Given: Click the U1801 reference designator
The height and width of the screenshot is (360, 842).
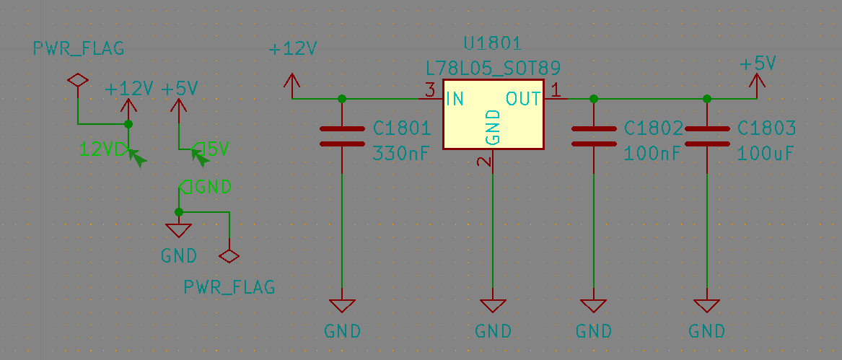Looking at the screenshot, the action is click(492, 43).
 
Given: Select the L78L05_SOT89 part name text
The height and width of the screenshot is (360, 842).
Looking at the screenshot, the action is click(493, 68).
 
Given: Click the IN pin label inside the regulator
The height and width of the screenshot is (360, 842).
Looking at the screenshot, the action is click(455, 99).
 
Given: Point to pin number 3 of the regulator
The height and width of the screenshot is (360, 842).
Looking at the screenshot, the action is click(429, 89).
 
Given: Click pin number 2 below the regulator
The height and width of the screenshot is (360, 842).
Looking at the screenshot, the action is click(485, 162).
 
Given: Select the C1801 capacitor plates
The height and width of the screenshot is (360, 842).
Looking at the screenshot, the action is click(342, 136).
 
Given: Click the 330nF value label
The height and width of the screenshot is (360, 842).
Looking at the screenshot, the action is click(402, 154).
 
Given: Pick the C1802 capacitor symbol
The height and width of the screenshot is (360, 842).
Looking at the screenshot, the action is click(593, 136).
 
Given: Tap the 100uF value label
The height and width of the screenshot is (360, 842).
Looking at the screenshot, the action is click(766, 154).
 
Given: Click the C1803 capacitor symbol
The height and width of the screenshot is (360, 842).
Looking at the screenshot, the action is click(706, 136).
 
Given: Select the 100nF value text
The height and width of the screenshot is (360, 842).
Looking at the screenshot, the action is click(653, 154).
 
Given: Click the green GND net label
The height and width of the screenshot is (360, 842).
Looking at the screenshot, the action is click(205, 186).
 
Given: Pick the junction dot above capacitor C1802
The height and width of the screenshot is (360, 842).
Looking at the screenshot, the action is click(593, 99).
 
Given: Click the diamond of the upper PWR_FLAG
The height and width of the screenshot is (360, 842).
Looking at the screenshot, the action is click(78, 80).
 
